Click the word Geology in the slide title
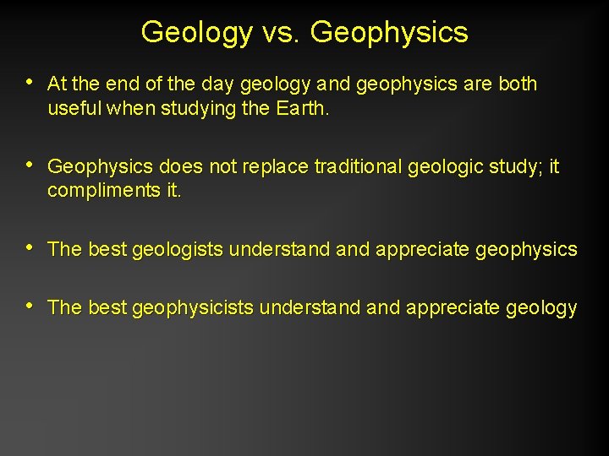[196, 32]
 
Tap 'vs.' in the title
[281, 32]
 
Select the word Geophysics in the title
[389, 32]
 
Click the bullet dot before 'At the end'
[30, 83]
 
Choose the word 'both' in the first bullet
[516, 84]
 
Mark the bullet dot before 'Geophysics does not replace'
[30, 166]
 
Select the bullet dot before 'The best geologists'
[30, 248]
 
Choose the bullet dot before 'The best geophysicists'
[30, 306]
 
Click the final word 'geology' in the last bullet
[541, 308]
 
